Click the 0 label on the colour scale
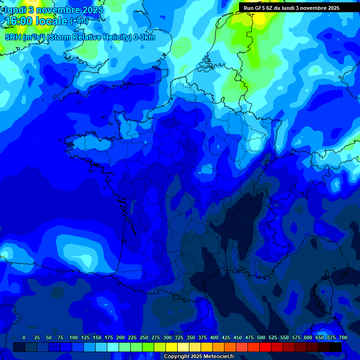(24, 337)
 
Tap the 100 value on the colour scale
(74, 337)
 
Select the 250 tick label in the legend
(144, 337)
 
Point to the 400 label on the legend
(214, 337)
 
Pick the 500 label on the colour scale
(261, 337)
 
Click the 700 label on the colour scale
(343, 337)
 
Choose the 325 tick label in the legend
(179, 337)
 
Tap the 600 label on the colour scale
(308, 337)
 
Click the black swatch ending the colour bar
(336, 347)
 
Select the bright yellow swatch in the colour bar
(172, 347)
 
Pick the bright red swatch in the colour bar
(265, 347)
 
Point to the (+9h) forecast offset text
(78, 21)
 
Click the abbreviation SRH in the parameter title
(13, 37)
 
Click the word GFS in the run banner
(260, 8)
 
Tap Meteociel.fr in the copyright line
(218, 357)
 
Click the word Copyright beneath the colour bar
(177, 357)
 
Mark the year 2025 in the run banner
(331, 8)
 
